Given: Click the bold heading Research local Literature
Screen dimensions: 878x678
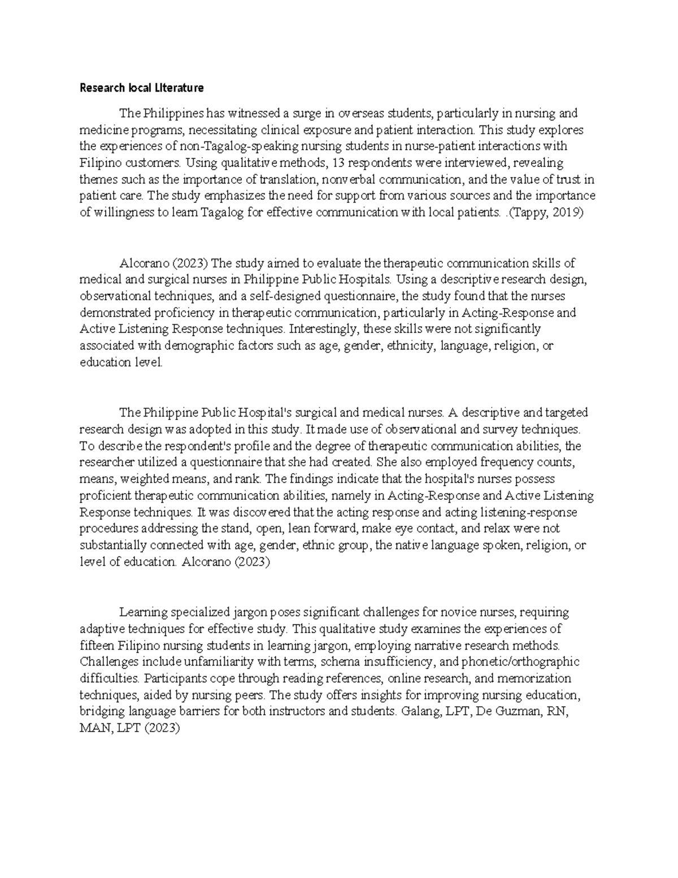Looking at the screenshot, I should [141, 88].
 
